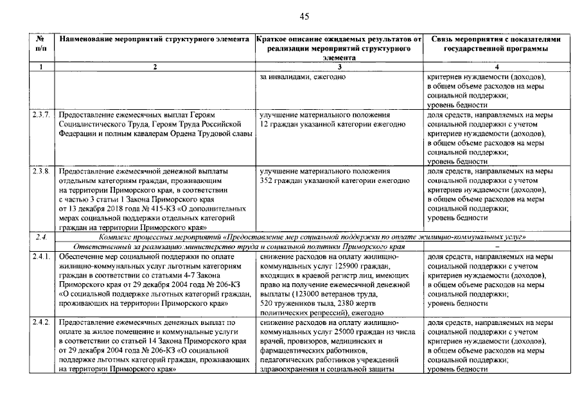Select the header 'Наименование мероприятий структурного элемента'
(x=154, y=39)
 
